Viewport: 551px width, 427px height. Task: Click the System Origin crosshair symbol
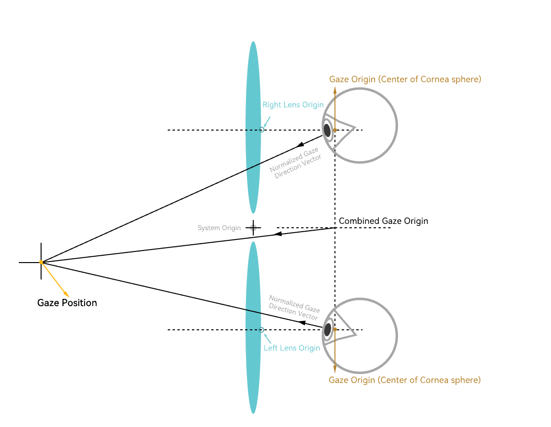pos(253,228)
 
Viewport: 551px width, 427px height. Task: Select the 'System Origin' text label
pos(219,228)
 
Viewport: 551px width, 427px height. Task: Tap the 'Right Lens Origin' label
pos(293,105)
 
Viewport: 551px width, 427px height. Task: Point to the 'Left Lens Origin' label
pos(292,348)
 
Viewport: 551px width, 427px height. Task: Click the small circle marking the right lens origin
pos(262,130)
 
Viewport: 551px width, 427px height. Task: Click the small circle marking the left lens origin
pos(262,330)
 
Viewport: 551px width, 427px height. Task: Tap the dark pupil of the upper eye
pos(327,130)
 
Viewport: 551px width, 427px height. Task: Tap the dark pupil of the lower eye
pos(328,330)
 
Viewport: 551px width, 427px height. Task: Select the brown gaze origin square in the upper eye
pos(335,130)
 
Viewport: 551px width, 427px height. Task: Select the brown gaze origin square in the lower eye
pos(335,329)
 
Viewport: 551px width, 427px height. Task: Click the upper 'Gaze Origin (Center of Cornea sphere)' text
pos(405,79)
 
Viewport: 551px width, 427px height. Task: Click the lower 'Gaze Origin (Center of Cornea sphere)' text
pos(405,380)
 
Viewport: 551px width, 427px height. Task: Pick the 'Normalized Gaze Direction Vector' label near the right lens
pos(295,164)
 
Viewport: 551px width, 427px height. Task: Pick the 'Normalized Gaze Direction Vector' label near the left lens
pos(294,307)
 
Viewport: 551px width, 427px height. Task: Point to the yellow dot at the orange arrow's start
pos(41,262)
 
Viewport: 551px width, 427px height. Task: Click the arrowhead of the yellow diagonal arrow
pos(67,295)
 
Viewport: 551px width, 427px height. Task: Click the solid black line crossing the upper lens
pos(253,166)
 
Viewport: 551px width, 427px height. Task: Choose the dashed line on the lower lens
pos(253,330)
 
